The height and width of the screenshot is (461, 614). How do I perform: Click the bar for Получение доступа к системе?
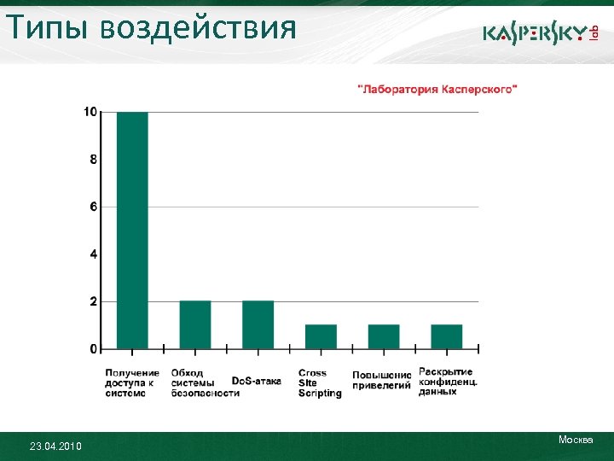(132, 230)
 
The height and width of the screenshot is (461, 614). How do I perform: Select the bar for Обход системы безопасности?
(195, 325)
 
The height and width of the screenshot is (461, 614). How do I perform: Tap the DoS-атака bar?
(258, 325)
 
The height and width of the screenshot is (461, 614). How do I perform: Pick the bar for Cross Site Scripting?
(321, 337)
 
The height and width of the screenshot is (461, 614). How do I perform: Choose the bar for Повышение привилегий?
(384, 337)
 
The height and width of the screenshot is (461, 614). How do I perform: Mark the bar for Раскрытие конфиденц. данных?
(447, 337)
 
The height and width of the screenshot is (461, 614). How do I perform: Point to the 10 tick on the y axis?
(90, 112)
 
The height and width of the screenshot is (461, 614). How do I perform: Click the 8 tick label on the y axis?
(93, 160)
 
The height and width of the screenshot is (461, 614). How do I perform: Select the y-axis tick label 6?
(93, 207)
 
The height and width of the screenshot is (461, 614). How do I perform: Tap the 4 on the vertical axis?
(93, 254)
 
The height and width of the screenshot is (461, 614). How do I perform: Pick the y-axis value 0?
(93, 349)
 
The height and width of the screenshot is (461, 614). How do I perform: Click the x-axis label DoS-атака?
(256, 381)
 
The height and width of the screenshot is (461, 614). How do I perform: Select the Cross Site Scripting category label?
(320, 383)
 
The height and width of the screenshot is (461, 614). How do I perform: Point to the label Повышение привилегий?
(382, 380)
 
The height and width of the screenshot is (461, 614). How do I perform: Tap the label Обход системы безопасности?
(205, 383)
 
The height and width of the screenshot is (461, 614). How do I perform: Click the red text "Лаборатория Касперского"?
(437, 89)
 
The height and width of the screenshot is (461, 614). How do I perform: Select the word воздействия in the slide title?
(198, 28)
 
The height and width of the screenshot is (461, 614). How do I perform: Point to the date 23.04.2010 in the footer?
(55, 446)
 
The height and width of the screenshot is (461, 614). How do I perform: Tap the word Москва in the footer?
(576, 440)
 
